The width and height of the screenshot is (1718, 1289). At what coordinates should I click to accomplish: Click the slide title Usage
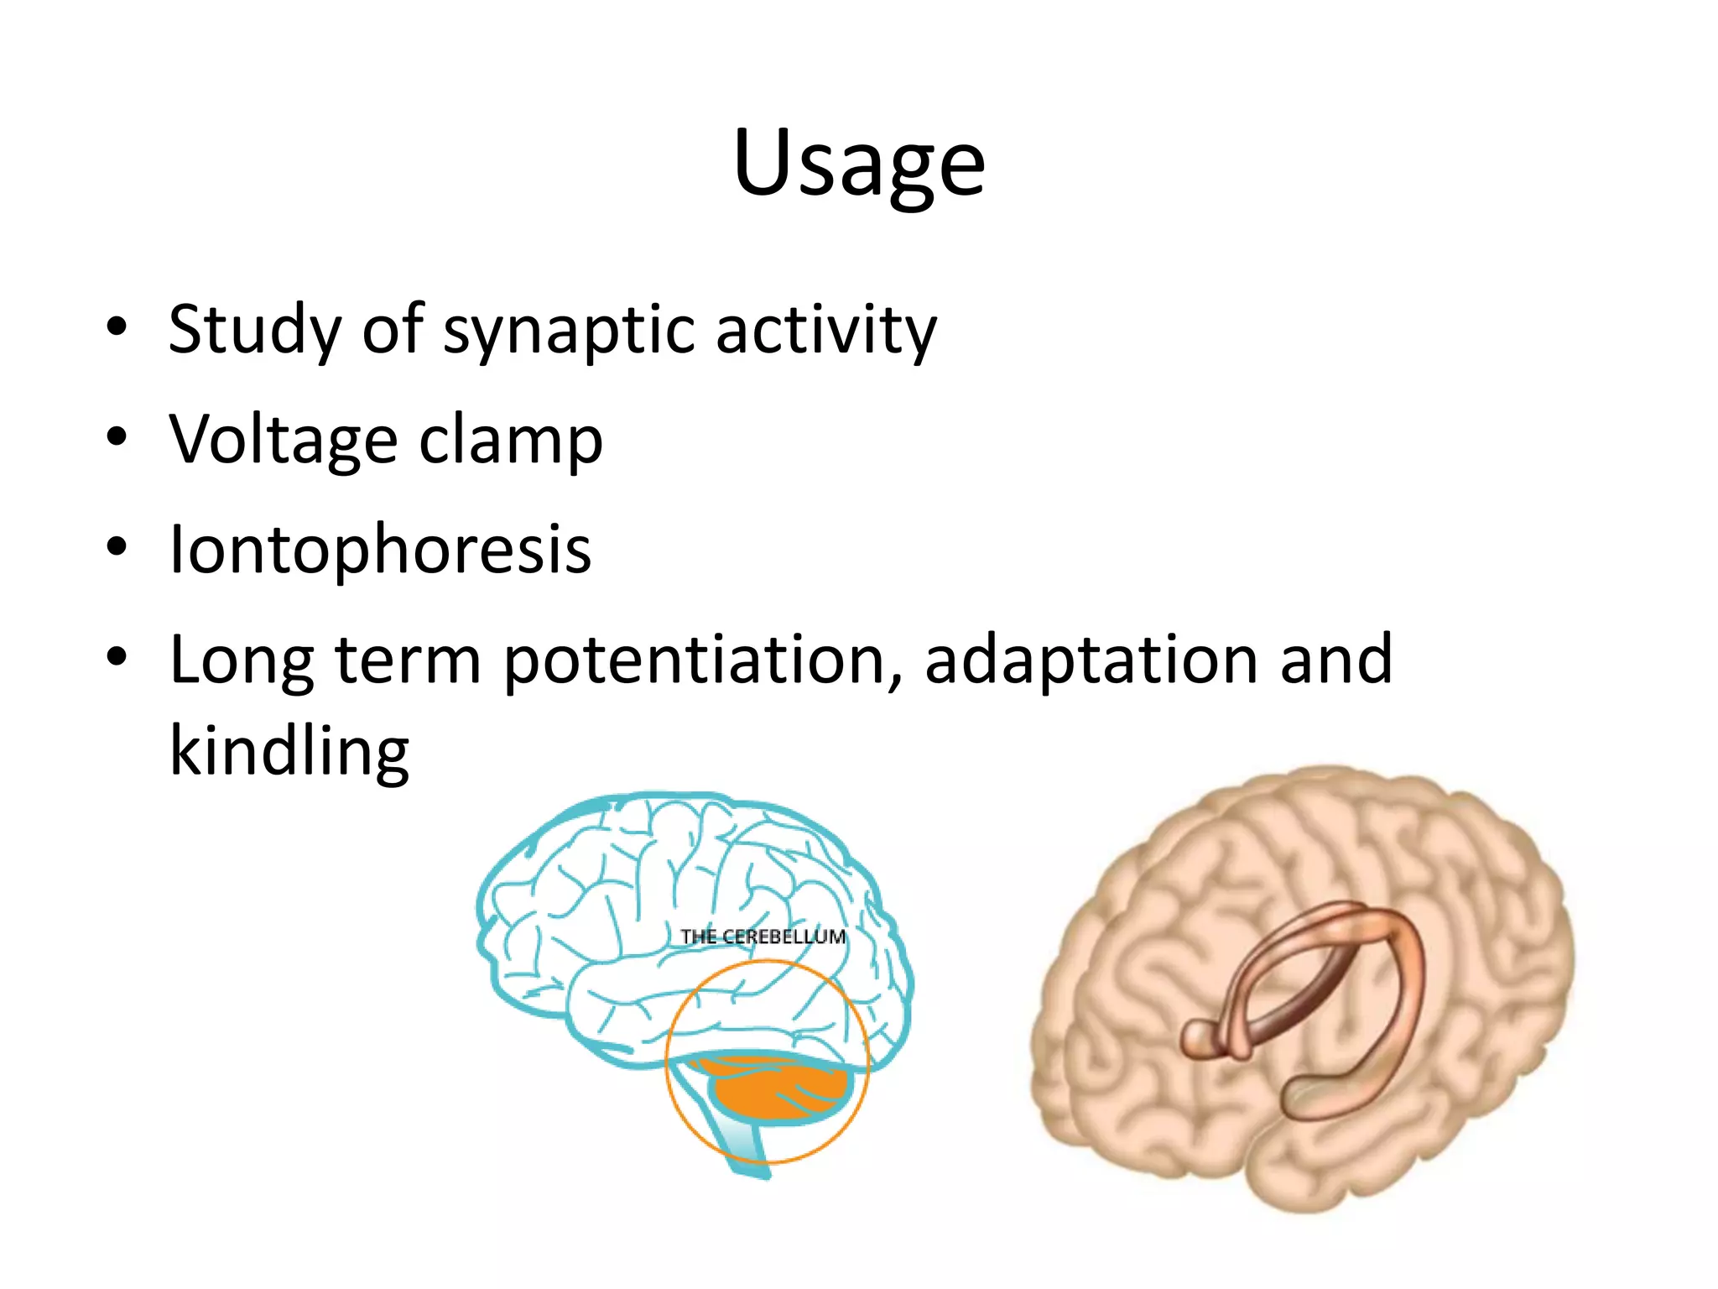(x=858, y=164)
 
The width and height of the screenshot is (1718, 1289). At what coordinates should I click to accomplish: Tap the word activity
(x=825, y=330)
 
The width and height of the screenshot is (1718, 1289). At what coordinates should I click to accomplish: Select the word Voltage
(x=283, y=440)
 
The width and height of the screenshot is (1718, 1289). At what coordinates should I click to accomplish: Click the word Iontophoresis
(x=380, y=550)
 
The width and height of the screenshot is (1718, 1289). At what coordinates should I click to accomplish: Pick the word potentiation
(x=703, y=660)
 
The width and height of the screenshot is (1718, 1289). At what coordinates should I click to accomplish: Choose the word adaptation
(x=1091, y=660)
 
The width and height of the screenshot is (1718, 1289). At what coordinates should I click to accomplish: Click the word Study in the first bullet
(x=254, y=330)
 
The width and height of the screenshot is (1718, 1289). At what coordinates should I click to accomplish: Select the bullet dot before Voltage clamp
(x=117, y=436)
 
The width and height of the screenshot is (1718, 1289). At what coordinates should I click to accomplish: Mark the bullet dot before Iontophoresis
(x=117, y=546)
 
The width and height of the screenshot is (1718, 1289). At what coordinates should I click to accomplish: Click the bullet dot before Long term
(x=117, y=657)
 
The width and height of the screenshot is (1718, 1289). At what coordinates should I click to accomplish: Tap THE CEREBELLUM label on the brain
(x=763, y=937)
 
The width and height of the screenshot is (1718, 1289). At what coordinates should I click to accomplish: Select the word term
(x=408, y=660)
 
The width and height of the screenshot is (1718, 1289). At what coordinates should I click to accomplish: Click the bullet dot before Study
(x=117, y=326)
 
